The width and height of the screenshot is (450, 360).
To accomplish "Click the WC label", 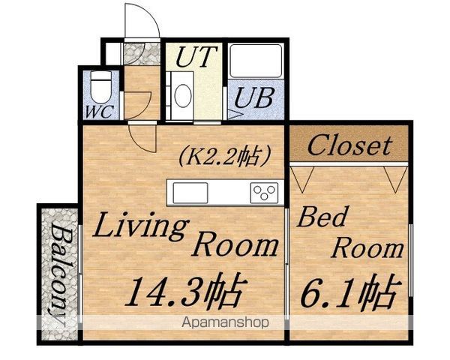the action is point(100,112).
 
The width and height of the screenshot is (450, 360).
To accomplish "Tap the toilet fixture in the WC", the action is point(100,87).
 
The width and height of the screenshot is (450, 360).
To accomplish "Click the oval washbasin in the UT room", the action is point(183,95).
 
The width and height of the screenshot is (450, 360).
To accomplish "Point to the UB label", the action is point(254,97).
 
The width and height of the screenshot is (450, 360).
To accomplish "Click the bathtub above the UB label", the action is point(256,61).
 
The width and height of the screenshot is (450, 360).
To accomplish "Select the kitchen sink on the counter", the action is point(190,193).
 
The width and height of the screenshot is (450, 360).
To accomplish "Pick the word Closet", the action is point(349,145).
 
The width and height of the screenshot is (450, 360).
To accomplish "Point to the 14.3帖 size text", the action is point(186,292).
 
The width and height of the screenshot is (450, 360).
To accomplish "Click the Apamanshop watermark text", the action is point(225,322).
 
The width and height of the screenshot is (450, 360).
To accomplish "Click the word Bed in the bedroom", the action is point(322,217).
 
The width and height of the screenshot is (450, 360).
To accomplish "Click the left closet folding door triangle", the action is point(302,179).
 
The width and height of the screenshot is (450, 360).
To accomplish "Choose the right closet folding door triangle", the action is point(396,179).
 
